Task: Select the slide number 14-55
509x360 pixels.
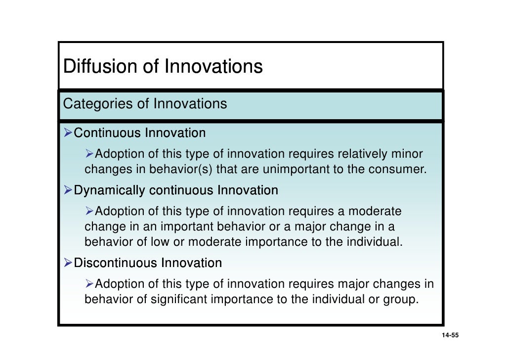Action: point(450,336)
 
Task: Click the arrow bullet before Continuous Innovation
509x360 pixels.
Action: point(68,133)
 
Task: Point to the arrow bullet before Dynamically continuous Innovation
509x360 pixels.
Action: point(68,190)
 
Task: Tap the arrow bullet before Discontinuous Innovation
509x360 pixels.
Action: point(68,263)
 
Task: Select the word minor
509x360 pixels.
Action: point(407,154)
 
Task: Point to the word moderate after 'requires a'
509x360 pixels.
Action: point(375,212)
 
